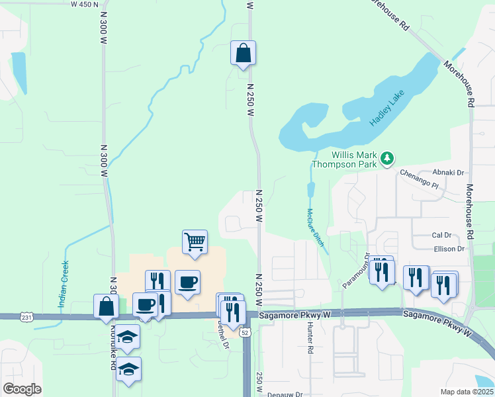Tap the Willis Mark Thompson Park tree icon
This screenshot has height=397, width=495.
point(388,158)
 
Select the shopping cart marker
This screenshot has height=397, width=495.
point(195,242)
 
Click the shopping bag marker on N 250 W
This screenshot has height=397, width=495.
point(243,54)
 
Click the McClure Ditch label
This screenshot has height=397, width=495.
point(316,228)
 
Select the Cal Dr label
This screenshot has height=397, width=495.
point(441,235)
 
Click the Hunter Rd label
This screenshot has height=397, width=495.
point(310,339)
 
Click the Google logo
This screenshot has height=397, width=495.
point(22,389)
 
